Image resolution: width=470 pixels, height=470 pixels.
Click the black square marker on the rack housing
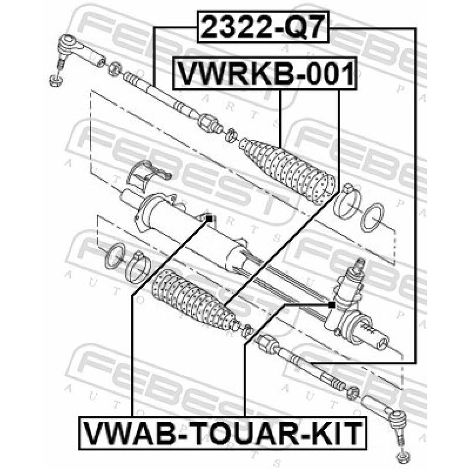[208, 219]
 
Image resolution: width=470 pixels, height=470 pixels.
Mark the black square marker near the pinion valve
[331, 305]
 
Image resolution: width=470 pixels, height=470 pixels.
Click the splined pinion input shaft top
[357, 267]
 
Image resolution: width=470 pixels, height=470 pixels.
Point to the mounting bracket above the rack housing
[147, 173]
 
